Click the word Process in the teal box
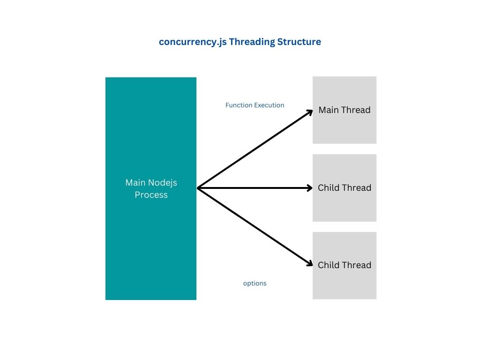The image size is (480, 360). coord(151,195)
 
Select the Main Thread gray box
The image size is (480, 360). coord(345,127)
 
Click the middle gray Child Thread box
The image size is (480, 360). coord(345,206)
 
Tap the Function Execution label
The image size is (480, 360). coord(255,105)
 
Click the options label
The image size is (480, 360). coord(255,284)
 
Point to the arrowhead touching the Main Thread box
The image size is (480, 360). coord(309,112)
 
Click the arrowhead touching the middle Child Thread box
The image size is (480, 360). coord(309,188)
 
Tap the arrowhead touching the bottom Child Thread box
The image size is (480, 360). coord(309,264)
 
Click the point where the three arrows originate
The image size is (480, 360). coord(198,188)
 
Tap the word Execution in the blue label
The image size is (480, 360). coord(269,105)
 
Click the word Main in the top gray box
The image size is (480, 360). coord(329,110)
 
